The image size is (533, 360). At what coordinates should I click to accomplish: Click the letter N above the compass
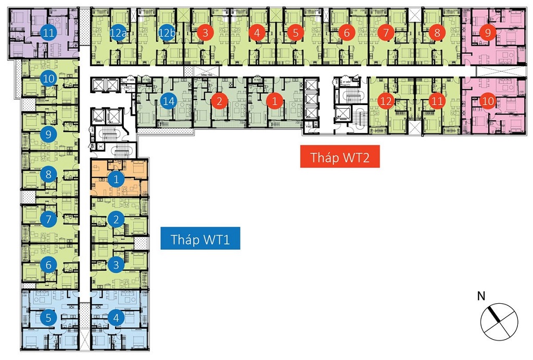[x=481, y=297]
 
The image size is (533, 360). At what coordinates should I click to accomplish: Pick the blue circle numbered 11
[x=49, y=33]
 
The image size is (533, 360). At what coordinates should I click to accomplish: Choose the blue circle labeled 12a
[x=119, y=33]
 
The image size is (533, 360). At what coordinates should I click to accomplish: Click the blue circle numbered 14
[x=168, y=101]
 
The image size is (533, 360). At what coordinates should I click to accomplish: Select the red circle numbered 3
[x=206, y=33]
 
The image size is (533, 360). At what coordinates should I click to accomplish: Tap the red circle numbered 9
[x=488, y=33]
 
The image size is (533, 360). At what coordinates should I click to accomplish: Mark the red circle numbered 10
[x=488, y=99]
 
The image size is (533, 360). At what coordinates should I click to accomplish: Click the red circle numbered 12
[x=386, y=101]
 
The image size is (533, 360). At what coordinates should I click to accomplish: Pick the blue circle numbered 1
[x=116, y=180]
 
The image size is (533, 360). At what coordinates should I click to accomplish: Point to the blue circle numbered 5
[x=48, y=317]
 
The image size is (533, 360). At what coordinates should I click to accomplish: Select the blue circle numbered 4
[x=116, y=317]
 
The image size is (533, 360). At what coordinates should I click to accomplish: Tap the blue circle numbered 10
[x=48, y=79]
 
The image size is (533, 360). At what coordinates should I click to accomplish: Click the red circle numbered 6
[x=346, y=33]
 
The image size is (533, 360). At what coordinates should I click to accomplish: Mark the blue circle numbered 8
[x=48, y=174]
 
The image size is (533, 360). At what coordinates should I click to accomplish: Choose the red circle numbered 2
[x=220, y=101]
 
